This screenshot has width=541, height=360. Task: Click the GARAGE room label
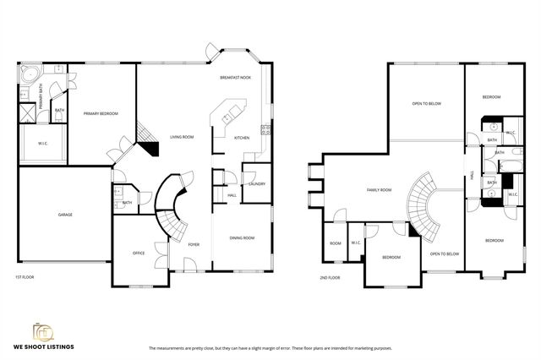65,215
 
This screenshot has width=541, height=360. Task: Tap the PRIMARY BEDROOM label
100,113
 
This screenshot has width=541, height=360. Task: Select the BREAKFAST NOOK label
236,78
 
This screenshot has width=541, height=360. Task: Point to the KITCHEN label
242,138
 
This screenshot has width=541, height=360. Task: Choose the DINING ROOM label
242,237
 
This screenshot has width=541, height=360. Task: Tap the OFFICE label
139,253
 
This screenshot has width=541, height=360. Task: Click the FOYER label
194,245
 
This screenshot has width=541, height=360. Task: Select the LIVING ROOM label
183,137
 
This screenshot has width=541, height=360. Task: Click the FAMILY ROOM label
379,191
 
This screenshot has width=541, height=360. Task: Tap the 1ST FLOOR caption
25,277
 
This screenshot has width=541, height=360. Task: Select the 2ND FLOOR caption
330,277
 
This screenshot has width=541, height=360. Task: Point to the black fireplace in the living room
150,149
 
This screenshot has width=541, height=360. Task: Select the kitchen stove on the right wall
265,130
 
